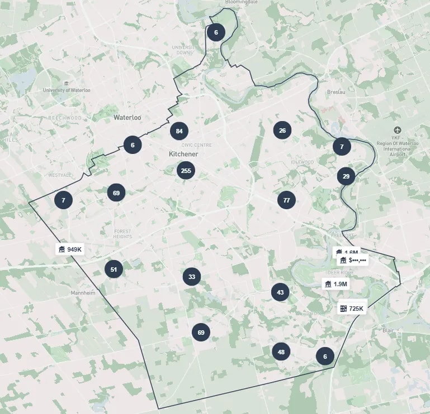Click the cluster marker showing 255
click(x=186, y=171)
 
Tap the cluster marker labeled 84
click(x=179, y=131)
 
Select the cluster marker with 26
click(x=282, y=131)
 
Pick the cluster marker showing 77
click(x=286, y=200)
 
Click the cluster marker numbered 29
click(x=346, y=176)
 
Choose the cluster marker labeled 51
click(x=114, y=269)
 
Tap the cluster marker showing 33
click(x=192, y=277)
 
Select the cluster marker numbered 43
click(x=280, y=292)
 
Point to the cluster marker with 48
click(x=281, y=352)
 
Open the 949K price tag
click(x=70, y=249)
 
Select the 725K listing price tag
click(x=352, y=309)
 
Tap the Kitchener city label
click(x=183, y=153)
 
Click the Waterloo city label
click(x=127, y=118)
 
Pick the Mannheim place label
click(x=83, y=293)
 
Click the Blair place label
click(x=388, y=330)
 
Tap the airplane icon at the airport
click(x=398, y=130)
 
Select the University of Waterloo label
click(x=67, y=90)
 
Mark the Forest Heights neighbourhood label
click(x=122, y=234)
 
